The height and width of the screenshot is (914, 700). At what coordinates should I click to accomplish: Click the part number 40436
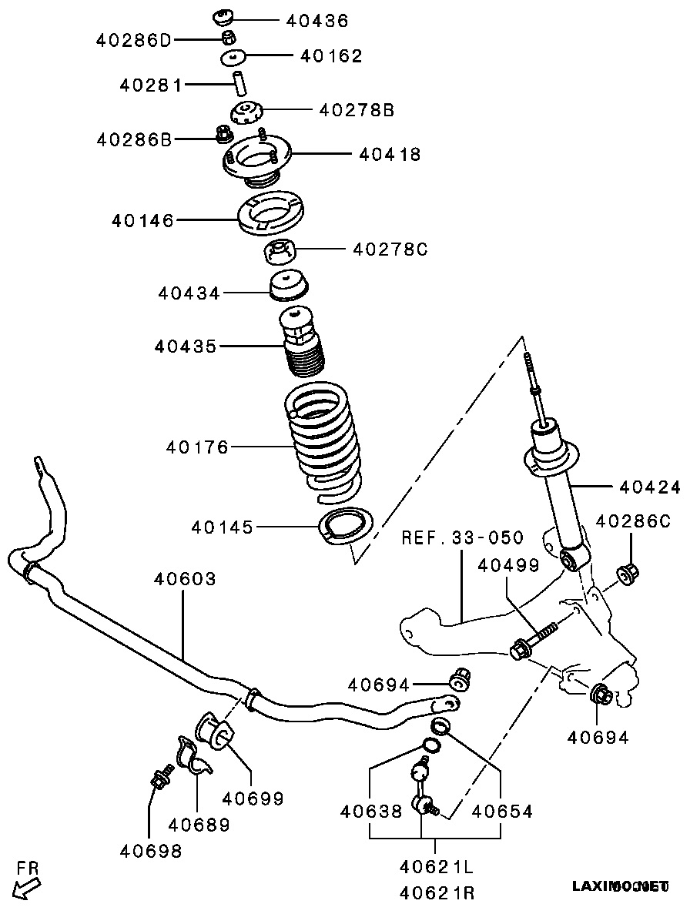(x=317, y=21)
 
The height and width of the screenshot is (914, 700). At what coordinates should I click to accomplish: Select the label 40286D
(x=134, y=39)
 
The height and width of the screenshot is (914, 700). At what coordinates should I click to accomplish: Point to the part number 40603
(x=185, y=578)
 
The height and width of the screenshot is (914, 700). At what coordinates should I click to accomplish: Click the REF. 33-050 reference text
(x=462, y=537)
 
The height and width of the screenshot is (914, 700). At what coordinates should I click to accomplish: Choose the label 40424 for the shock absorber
(x=650, y=487)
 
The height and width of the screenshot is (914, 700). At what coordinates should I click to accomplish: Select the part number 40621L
(x=437, y=868)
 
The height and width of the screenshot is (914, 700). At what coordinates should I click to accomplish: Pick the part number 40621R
(x=437, y=893)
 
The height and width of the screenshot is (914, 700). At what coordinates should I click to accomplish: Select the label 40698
(x=151, y=851)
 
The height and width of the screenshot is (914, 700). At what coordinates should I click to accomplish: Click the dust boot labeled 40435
(x=303, y=343)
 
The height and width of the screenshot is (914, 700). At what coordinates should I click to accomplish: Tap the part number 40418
(x=390, y=155)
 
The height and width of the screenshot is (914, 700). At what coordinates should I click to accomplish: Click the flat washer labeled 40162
(x=233, y=58)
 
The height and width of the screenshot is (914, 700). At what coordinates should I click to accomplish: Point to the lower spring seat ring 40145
(x=346, y=527)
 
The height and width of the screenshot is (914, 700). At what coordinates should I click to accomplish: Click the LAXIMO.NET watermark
(x=620, y=886)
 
